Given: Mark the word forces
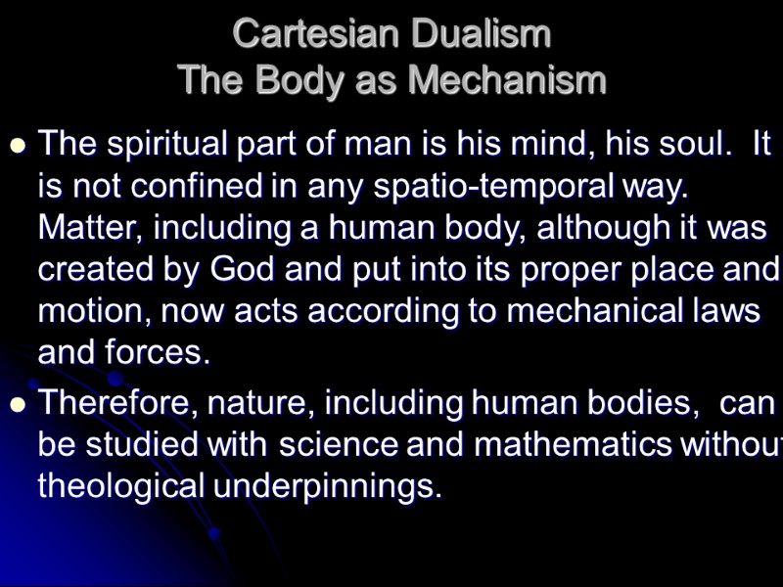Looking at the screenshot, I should (x=161, y=352).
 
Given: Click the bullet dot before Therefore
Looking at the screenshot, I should (x=17, y=405).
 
